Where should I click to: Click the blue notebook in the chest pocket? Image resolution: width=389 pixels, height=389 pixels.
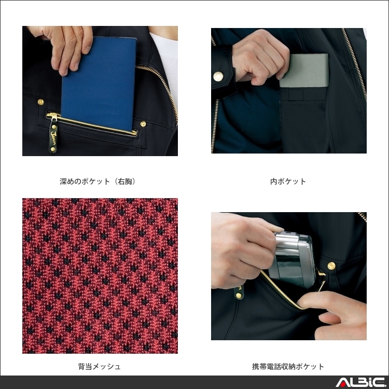coord(99,85)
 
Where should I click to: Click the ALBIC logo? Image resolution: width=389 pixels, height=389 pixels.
coord(360,382)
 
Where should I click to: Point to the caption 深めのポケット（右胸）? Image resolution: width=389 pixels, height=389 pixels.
coord(98,182)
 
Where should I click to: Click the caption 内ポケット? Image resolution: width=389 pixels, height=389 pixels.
coord(288,182)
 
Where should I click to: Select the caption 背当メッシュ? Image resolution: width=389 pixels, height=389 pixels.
coord(100,366)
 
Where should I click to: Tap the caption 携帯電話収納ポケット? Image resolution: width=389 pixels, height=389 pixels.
coord(288,366)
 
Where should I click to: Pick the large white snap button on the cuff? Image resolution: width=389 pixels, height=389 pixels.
coord(218,76)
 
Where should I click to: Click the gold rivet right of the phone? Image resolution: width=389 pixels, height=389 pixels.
coord(331,266)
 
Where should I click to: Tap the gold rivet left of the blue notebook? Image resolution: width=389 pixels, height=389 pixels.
coord(40,102)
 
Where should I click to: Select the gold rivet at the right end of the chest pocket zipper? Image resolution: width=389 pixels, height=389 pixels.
coord(143,124)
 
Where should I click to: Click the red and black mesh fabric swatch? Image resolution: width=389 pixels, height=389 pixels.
coord(100,275)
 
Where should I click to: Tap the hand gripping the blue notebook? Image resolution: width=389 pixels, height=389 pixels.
coord(63,47)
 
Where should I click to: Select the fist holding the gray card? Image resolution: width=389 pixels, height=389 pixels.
coord(260,58)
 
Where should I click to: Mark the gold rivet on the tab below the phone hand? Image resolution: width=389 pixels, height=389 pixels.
coord(239,295)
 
